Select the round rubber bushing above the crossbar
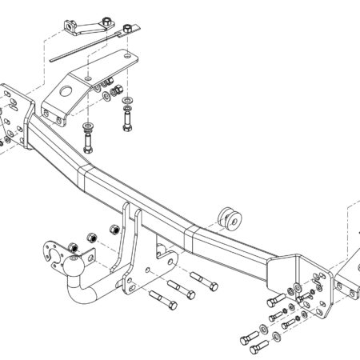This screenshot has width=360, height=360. pos(230,218)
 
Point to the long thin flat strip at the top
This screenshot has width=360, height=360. pos(80,49)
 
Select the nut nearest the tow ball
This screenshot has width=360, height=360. pos(73,246)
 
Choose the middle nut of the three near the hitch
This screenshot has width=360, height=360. pos(92,238)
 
